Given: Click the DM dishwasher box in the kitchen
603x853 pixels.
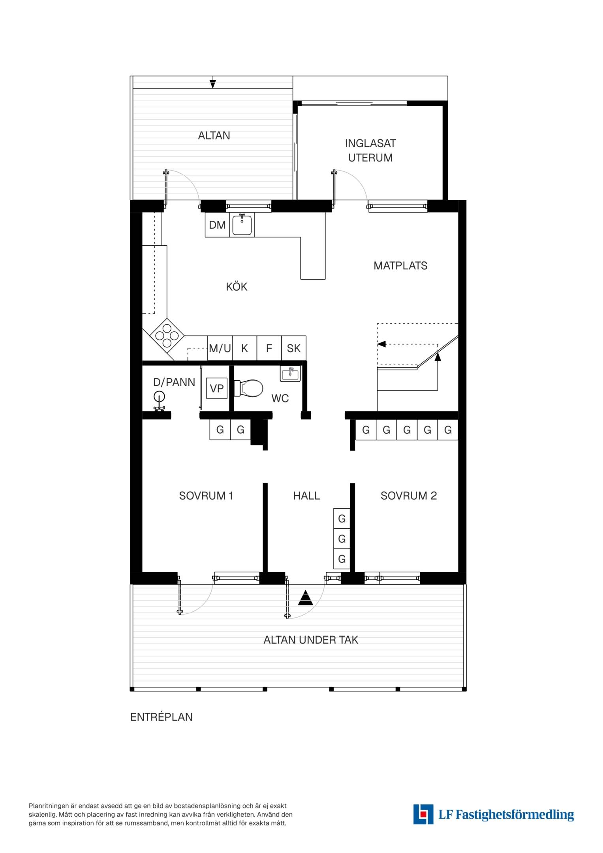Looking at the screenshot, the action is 217,225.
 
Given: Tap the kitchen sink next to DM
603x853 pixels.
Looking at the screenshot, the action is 242,225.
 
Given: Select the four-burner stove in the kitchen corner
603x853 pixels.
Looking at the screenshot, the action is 167,336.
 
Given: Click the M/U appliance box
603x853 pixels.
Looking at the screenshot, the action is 220,348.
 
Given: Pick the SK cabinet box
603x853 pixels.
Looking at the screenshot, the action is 294,348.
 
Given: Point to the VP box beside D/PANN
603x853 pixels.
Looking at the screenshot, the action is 217,388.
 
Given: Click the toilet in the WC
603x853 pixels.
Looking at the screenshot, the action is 249,388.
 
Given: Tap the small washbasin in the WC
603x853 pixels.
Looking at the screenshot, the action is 290,374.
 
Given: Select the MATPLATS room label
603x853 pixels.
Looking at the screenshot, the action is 400,266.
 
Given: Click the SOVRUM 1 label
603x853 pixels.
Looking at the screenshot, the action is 206,496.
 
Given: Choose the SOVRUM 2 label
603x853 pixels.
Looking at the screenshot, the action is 409,496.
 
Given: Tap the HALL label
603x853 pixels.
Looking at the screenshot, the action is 306,496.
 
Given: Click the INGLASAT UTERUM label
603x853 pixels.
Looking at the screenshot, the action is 370,150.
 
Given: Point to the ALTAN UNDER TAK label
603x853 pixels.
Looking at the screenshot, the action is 311,640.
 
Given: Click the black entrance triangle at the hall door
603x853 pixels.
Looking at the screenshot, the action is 305,598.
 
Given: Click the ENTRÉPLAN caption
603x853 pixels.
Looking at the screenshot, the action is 162,717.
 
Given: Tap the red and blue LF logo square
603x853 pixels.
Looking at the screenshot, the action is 423,814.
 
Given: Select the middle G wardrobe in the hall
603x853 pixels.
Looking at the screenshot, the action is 342,539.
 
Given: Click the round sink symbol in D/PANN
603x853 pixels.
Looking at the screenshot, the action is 159,396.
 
